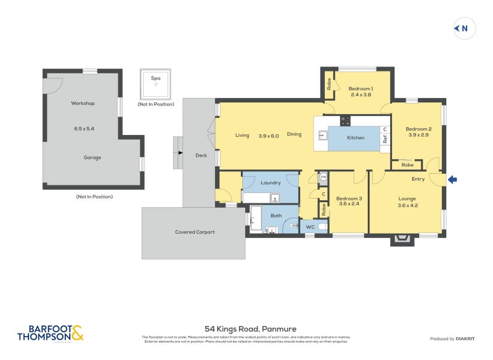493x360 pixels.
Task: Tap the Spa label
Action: (155, 78)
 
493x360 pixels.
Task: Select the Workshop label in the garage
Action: (83, 103)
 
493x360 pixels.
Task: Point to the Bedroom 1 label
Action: (361, 88)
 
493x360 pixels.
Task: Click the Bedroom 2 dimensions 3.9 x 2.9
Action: (418, 135)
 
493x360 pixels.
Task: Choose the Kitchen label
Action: (356, 137)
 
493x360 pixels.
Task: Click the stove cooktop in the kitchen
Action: (345, 121)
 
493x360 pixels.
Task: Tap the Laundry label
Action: (271, 182)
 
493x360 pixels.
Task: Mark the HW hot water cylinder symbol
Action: (323, 177)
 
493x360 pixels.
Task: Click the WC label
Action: (311, 227)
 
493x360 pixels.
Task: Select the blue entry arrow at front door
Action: (452, 180)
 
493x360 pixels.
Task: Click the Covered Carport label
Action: (195, 232)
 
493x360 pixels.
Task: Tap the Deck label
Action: (201, 155)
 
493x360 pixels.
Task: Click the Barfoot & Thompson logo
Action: (50, 333)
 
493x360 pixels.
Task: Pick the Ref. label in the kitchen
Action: (385, 139)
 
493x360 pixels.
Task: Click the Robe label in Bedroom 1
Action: (330, 84)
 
